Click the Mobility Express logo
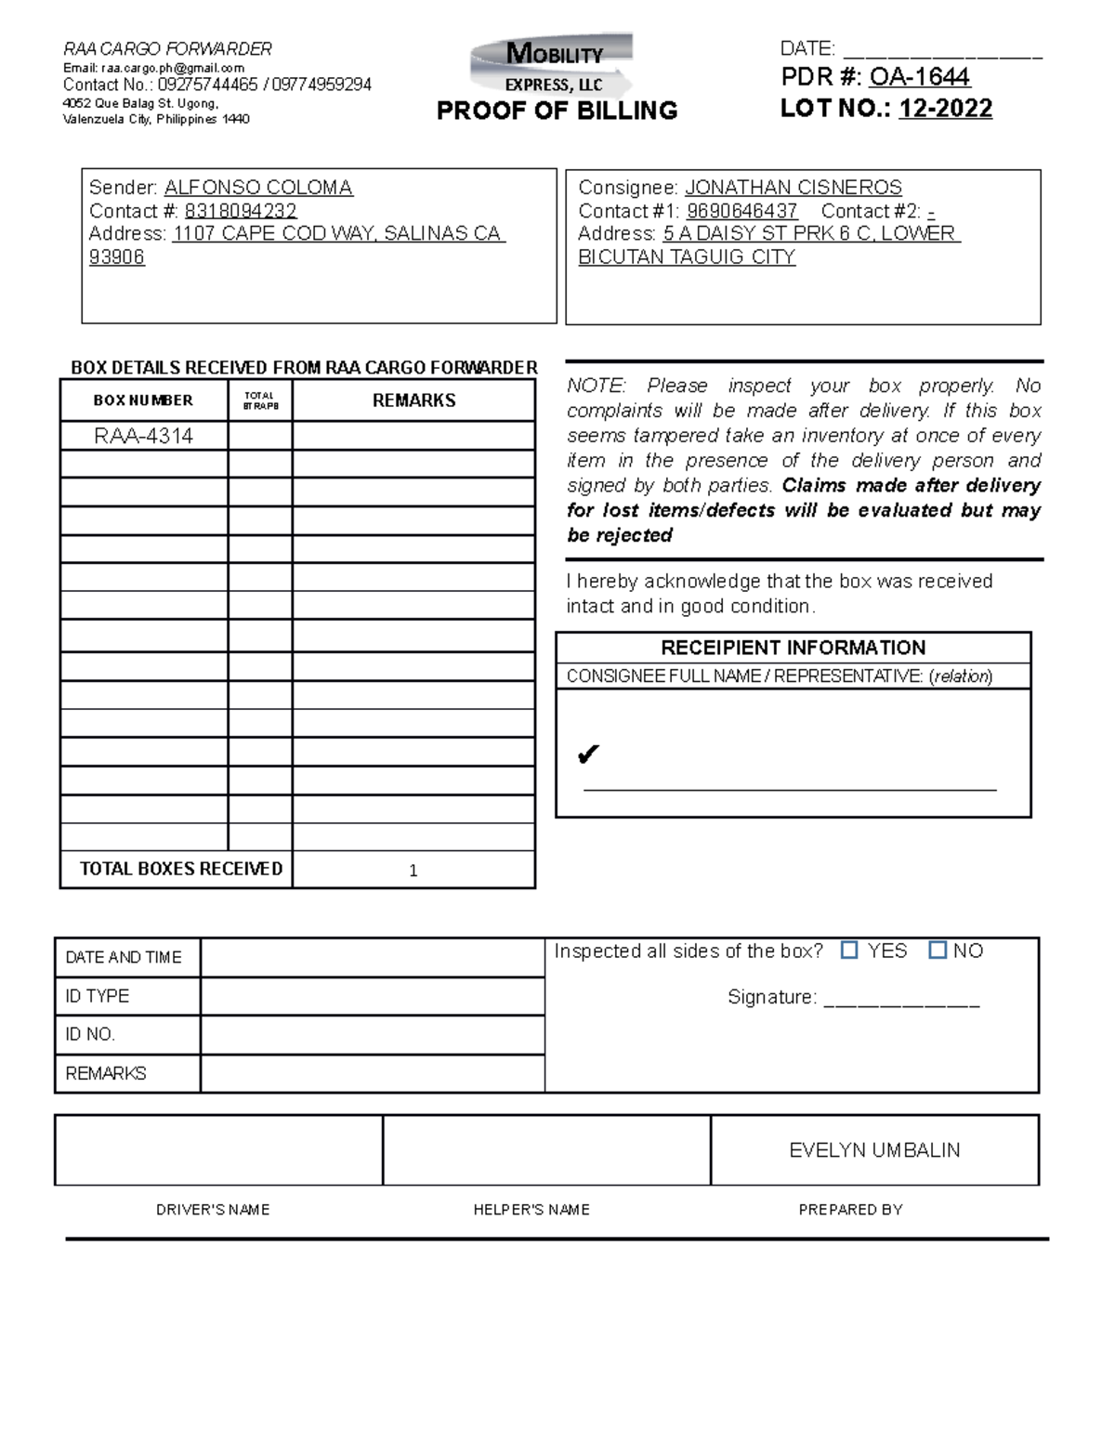554,65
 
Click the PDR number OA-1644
919,76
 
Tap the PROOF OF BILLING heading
557,111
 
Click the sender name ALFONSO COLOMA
258,188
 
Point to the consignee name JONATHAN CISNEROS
793,188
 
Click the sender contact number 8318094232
241,211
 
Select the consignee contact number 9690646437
741,211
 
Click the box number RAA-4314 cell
144,436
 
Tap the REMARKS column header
413,400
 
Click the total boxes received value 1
413,871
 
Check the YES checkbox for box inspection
849,950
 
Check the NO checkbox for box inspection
938,950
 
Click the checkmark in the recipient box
587,754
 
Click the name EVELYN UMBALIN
874,1150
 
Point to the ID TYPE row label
98,996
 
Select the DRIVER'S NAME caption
213,1210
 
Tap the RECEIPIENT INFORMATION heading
793,648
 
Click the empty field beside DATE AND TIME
372,958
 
